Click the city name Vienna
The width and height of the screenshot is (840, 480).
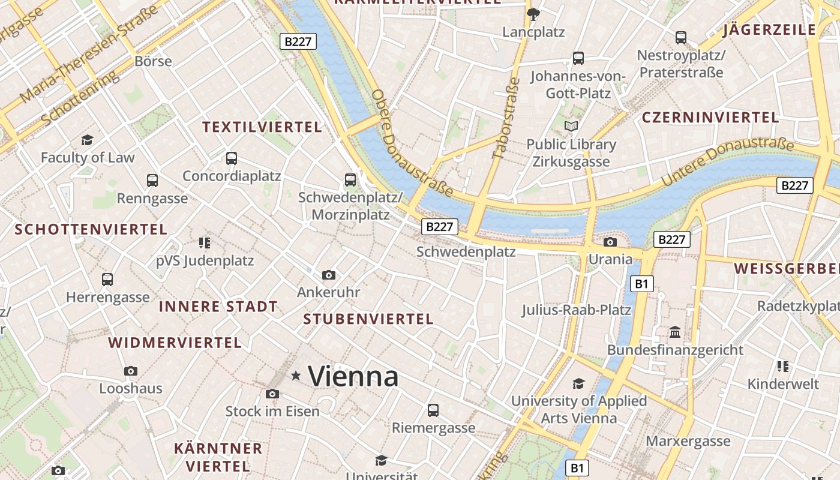pos(353,377)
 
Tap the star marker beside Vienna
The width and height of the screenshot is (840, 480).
pos(296,376)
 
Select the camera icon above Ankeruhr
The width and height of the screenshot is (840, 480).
pos(329,275)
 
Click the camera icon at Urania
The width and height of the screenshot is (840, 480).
pos(610,242)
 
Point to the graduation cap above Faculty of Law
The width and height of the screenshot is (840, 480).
pos(88,140)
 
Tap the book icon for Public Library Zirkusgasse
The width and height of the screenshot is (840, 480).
pos(571,127)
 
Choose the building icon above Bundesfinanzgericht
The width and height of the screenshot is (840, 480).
pos(675,332)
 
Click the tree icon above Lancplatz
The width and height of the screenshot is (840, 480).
pos(533,14)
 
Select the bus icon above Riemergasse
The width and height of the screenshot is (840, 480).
pos(433,410)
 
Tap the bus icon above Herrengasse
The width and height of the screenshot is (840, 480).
pos(107,279)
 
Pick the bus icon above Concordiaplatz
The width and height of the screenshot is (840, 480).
pos(232,158)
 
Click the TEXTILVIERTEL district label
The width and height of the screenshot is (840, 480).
pos(262,127)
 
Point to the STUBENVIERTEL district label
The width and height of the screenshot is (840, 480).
pos(368,319)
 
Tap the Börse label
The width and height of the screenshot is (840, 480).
pos(153,61)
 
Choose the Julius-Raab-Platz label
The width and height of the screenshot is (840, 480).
pos(576,310)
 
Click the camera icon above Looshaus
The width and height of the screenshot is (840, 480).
pos(131,371)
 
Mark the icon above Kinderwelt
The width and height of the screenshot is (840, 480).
pos(782,366)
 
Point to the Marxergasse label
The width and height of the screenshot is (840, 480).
pos(688,442)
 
